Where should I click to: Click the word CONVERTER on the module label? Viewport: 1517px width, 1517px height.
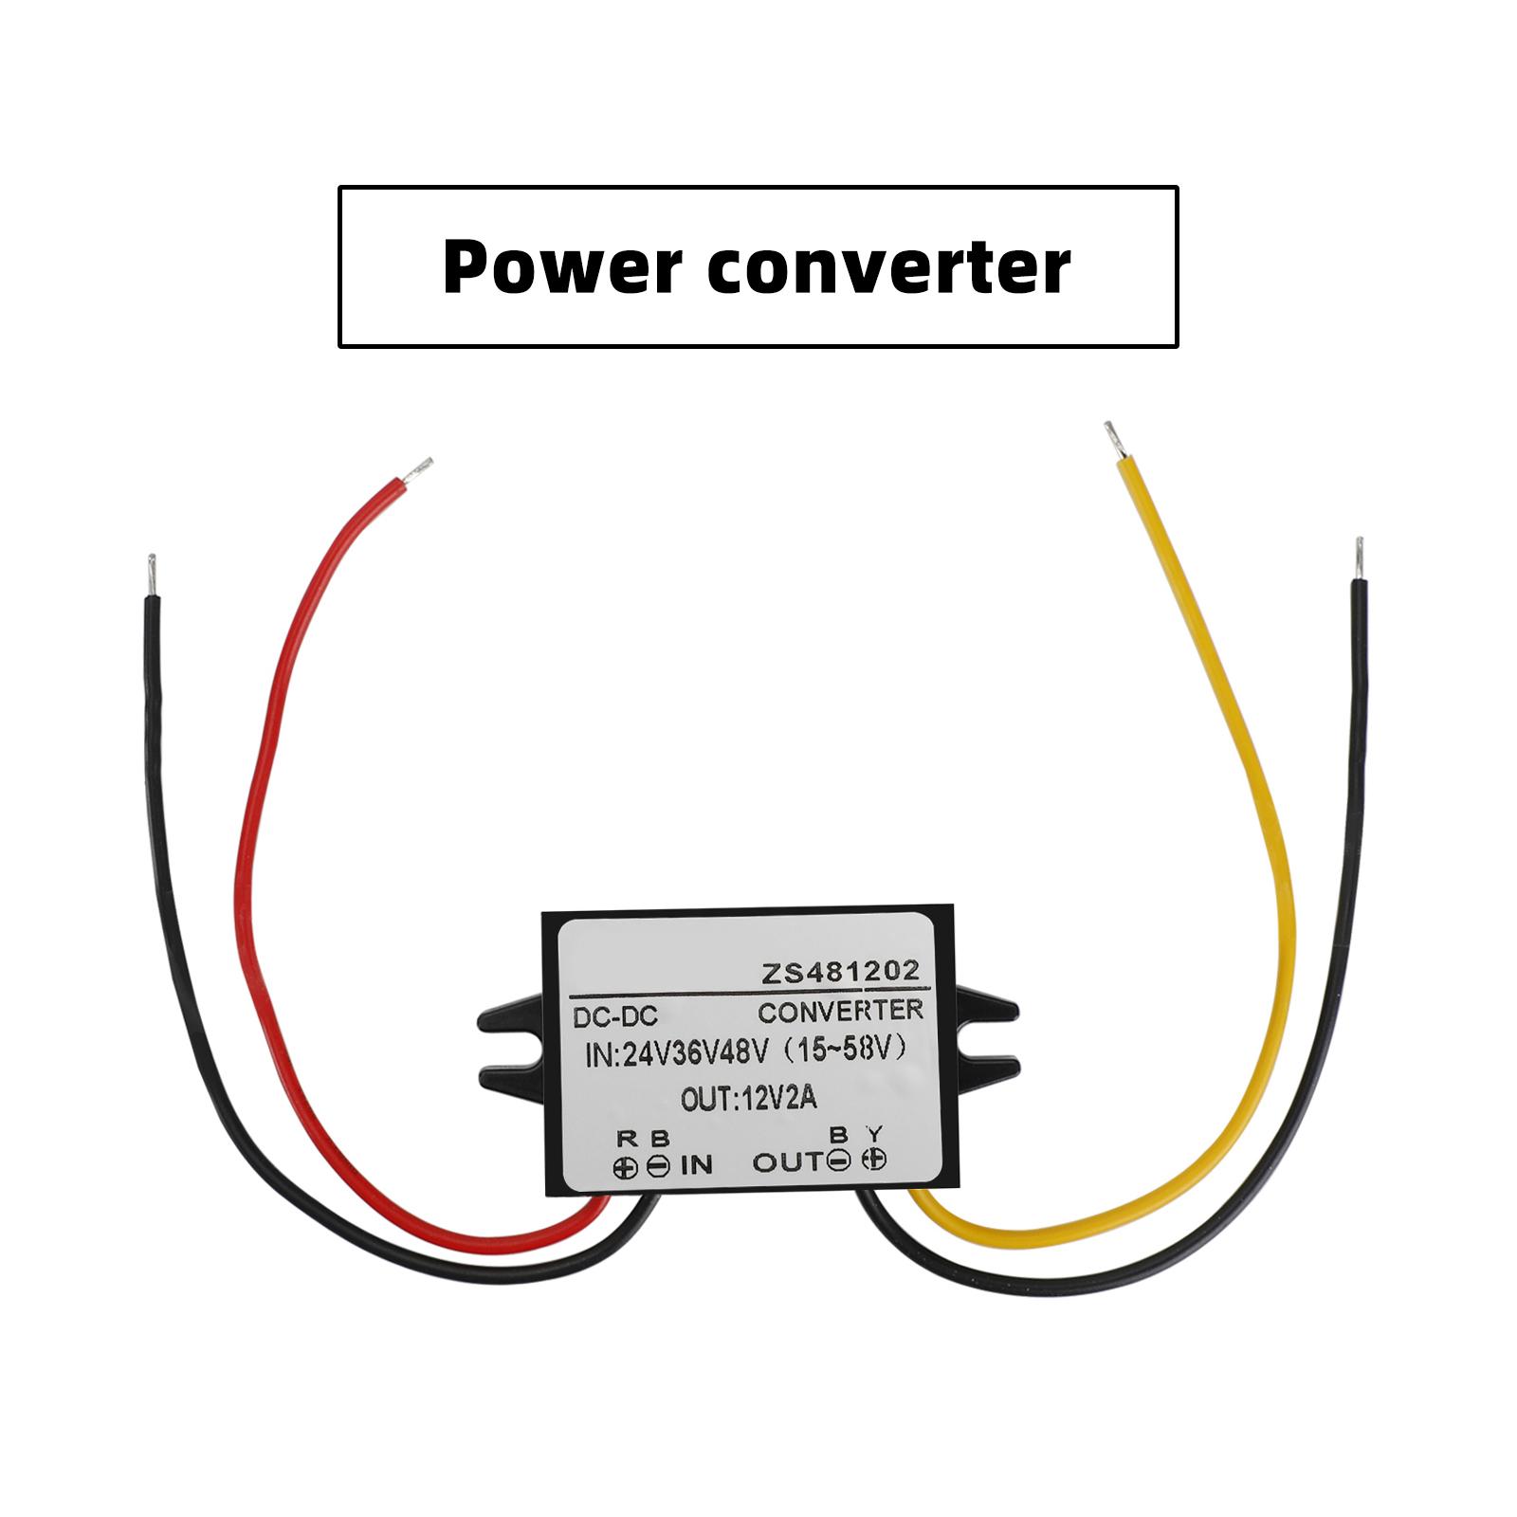pyautogui.click(x=840, y=1011)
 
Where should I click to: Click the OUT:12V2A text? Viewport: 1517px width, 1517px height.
pyautogui.click(x=748, y=1100)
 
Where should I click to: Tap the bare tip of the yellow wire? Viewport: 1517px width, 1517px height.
pyautogui.click(x=1110, y=438)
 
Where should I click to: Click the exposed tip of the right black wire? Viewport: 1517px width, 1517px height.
pyautogui.click(x=1359, y=557)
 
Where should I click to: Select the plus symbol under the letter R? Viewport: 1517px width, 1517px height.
pyautogui.click(x=625, y=1167)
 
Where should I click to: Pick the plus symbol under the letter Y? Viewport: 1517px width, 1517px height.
pyautogui.click(x=874, y=1160)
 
